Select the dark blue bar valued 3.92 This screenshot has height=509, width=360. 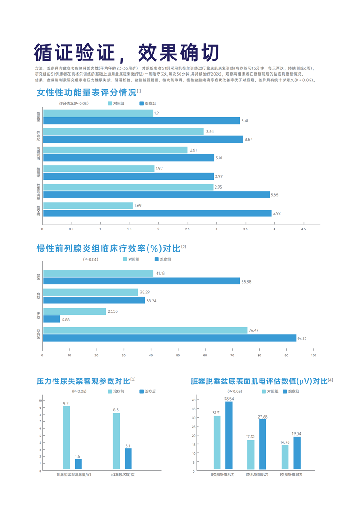pyautogui.click(x=157, y=213)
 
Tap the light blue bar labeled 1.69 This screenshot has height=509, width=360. pyautogui.click(x=88, y=206)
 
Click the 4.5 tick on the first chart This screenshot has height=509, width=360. pyautogui.click(x=303, y=229)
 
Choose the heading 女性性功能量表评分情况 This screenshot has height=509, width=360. pyautogui.click(x=86, y=93)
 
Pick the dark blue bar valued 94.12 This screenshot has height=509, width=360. pyautogui.click(x=170, y=338)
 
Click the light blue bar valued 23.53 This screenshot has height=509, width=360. pyautogui.click(x=74, y=311)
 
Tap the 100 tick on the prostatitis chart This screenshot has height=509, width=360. pyautogui.click(x=314, y=356)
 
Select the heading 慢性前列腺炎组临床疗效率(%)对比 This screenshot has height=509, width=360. pyautogui.click(x=108, y=248)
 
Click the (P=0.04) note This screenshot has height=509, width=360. pyautogui.click(x=90, y=260)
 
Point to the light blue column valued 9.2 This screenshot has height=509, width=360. pyautogui.click(x=66, y=438)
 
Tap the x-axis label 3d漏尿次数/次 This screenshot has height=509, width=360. pyautogui.click(x=123, y=475)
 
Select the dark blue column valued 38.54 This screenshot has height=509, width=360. pyautogui.click(x=229, y=436)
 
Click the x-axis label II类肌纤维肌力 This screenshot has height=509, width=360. pyautogui.click(x=223, y=475)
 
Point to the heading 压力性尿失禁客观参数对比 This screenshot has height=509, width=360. pyautogui.click(x=83, y=381)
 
